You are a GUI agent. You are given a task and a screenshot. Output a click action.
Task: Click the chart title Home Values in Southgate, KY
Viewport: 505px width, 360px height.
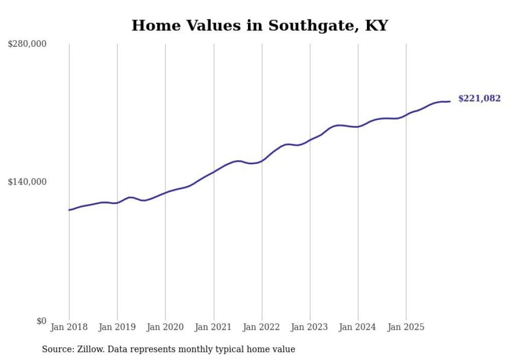(259, 25)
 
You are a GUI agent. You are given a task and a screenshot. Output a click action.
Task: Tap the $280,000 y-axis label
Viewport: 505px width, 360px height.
(27, 44)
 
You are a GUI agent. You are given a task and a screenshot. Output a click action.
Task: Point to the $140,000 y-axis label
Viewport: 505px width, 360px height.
(27, 182)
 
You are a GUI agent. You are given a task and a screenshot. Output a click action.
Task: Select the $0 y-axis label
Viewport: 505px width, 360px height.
(41, 321)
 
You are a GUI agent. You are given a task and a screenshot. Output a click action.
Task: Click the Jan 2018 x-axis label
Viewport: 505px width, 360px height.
(69, 327)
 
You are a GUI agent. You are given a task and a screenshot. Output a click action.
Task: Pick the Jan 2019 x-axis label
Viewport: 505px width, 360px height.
(117, 327)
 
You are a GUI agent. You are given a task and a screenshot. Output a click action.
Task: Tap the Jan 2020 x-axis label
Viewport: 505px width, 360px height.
(165, 327)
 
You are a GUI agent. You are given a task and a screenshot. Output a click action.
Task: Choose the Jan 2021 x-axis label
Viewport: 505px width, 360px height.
(213, 327)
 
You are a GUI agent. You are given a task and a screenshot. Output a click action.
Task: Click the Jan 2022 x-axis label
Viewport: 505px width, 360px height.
(262, 327)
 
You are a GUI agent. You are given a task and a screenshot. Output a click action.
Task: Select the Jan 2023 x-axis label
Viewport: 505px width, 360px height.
(310, 327)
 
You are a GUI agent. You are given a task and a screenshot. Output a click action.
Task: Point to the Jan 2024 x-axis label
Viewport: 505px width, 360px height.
(358, 327)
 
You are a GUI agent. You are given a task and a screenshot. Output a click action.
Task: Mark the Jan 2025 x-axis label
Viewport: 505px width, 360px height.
(406, 327)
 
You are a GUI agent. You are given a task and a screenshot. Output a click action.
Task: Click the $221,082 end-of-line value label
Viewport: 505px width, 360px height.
(479, 98)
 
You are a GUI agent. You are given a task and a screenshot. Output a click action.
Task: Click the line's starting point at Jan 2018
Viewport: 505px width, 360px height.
(69, 210)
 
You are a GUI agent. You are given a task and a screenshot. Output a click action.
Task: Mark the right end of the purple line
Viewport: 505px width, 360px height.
(450, 101)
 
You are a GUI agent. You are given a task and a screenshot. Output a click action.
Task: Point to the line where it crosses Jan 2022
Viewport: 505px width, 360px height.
(262, 161)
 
